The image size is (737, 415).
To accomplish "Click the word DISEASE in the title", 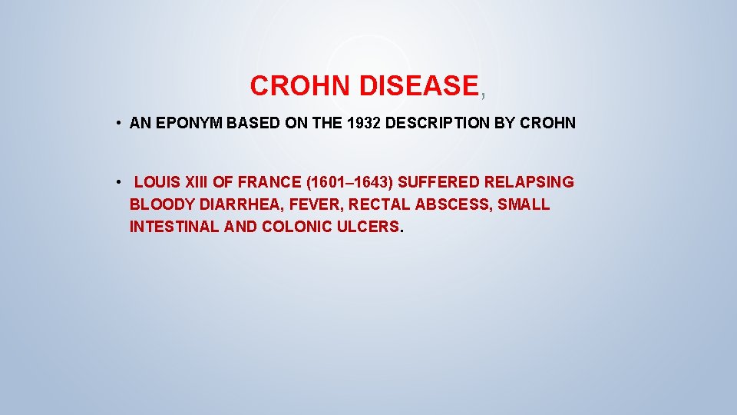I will [418, 86].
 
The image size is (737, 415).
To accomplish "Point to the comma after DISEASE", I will [483, 95].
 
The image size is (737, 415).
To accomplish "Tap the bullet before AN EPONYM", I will [121, 123].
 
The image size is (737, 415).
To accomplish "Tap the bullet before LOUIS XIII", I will [121, 183].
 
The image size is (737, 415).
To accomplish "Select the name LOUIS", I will [157, 183].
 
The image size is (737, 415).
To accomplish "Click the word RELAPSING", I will [529, 183].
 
